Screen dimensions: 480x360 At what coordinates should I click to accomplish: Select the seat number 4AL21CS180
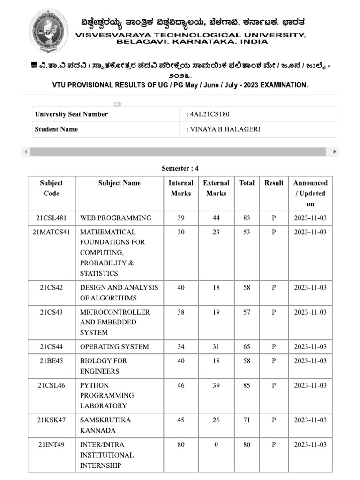210,114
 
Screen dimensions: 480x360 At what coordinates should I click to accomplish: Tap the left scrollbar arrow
25,152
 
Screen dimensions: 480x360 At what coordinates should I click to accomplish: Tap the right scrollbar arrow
334,152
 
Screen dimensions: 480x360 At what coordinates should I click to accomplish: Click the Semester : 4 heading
180,168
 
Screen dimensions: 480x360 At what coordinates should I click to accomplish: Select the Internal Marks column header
180,188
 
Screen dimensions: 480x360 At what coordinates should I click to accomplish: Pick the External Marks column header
216,188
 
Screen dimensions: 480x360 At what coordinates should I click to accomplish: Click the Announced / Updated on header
310,193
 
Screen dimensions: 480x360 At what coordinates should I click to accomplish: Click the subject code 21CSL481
51,218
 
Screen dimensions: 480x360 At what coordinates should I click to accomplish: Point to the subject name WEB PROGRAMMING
116,218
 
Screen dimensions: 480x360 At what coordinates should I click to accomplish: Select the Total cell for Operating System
247,347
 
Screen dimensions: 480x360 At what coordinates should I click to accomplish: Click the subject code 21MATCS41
51,232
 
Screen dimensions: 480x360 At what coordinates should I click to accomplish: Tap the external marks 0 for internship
216,444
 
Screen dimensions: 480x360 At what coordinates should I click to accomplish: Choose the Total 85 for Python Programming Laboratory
247,385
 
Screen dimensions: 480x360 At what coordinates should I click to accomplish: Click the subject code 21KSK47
51,420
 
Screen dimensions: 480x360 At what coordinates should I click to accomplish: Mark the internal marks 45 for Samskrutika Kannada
180,420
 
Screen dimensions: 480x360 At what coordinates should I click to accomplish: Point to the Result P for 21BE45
274,361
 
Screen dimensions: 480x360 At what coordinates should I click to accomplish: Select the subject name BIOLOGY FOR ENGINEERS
104,366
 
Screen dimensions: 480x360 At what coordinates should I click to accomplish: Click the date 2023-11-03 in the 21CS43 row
310,312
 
